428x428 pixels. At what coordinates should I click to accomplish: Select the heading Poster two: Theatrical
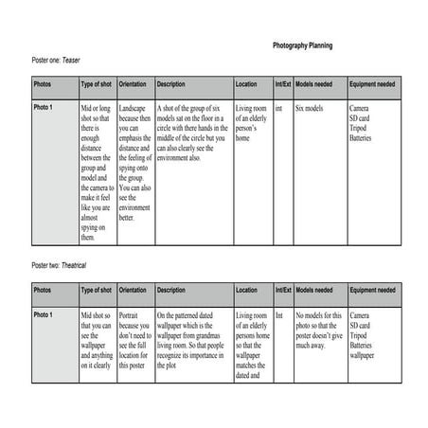click(65, 265)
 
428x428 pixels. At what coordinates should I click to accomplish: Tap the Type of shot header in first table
click(97, 84)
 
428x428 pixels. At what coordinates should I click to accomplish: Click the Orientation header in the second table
click(134, 290)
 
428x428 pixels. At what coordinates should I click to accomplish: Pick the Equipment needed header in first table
click(370, 84)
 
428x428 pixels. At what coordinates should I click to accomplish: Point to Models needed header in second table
click(313, 290)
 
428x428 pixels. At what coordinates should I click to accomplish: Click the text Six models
click(310, 109)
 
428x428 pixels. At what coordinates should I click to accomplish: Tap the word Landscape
click(135, 109)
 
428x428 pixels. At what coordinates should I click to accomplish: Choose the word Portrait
click(133, 314)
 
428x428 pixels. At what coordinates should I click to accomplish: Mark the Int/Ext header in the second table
click(282, 290)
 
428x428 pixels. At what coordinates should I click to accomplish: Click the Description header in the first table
click(170, 84)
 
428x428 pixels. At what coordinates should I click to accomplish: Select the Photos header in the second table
click(44, 290)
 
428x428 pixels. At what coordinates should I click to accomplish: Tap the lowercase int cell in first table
click(278, 109)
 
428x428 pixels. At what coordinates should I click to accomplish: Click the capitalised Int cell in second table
click(278, 314)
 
